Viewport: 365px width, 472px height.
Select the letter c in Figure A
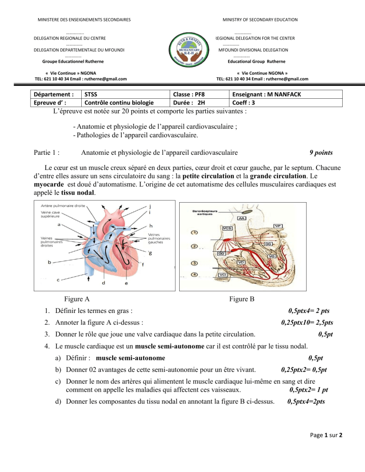pyautogui.click(x=58, y=280)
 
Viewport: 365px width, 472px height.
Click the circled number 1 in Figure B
pyautogui.click(x=194, y=232)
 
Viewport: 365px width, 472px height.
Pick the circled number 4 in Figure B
pyautogui.click(x=194, y=274)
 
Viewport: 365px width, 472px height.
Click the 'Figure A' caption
pyautogui.click(x=77, y=299)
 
